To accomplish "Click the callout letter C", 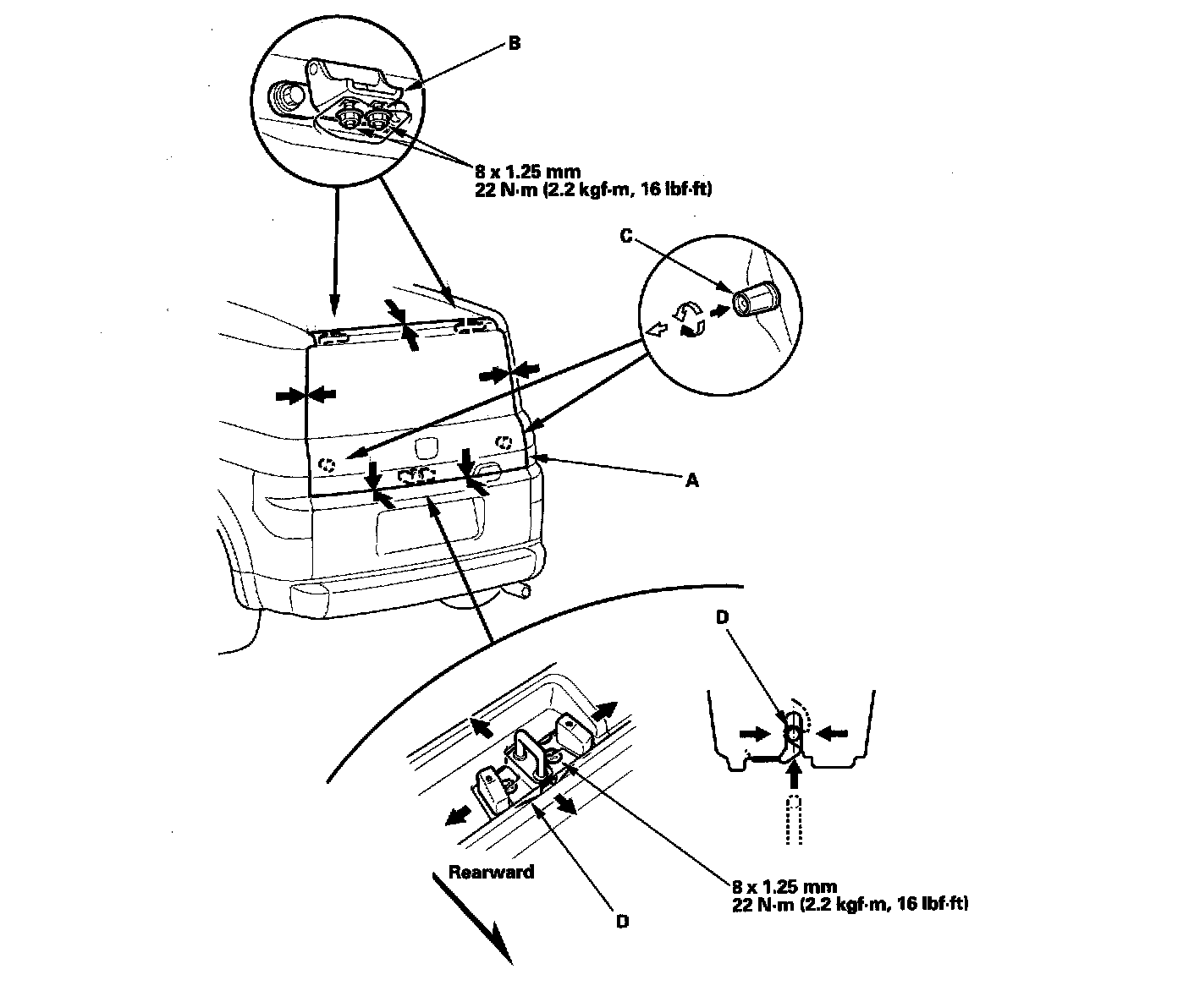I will pyautogui.click(x=626, y=237).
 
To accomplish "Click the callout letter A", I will pyautogui.click(x=692, y=480).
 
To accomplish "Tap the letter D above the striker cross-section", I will pyautogui.click(x=722, y=617).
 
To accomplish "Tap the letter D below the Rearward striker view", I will pyautogui.click(x=622, y=922).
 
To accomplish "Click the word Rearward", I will pyautogui.click(x=491, y=871).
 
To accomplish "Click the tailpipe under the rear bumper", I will pyautogui.click(x=526, y=589).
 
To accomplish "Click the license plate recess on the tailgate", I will pyautogui.click(x=430, y=524).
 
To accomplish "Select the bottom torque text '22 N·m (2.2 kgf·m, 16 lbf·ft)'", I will pyautogui.click(x=850, y=904).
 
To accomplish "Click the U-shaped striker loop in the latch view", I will pyautogui.click(x=529, y=749).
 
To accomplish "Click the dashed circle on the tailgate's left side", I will pyautogui.click(x=328, y=463).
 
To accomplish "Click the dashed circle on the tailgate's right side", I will pyautogui.click(x=503, y=441).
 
